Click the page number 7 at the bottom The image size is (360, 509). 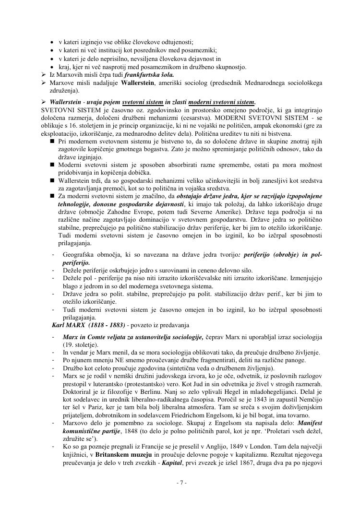[180, 482]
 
